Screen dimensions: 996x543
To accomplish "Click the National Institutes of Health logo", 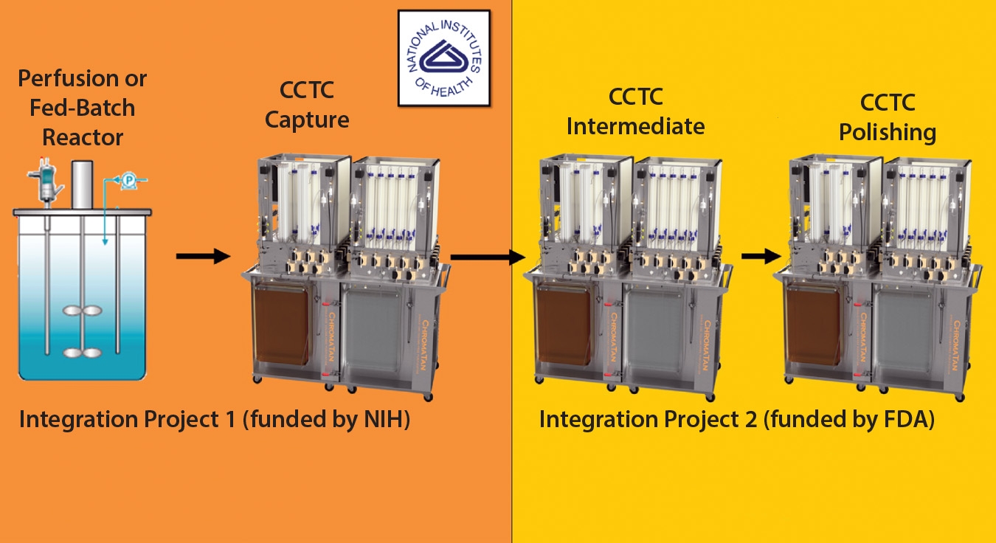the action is pyautogui.click(x=444, y=58).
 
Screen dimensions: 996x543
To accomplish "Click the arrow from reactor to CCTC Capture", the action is pyautogui.click(x=203, y=256).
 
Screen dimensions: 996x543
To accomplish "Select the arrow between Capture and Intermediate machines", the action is pyautogui.click(x=488, y=257).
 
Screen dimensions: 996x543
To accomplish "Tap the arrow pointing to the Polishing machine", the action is pyautogui.click(x=761, y=256).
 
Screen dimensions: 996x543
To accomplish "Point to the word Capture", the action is pyautogui.click(x=307, y=120).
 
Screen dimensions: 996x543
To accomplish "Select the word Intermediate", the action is pyautogui.click(x=635, y=126).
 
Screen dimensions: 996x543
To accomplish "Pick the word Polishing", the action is pyautogui.click(x=888, y=133).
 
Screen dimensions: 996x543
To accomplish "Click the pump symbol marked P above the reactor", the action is pyautogui.click(x=129, y=180).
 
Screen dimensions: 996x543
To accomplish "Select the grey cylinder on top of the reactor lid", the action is pyautogui.click(x=82, y=184).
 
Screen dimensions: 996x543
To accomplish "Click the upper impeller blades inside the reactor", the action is pyautogui.click(x=82, y=311).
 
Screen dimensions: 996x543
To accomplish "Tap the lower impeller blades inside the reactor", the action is pyautogui.click(x=82, y=353).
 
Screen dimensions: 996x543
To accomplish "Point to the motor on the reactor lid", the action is pyautogui.click(x=44, y=182).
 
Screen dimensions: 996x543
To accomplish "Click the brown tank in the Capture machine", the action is pyautogui.click(x=281, y=324).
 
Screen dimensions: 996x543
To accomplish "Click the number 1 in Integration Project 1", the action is pyautogui.click(x=230, y=419).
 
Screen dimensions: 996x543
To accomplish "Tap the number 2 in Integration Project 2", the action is pyautogui.click(x=750, y=419).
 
